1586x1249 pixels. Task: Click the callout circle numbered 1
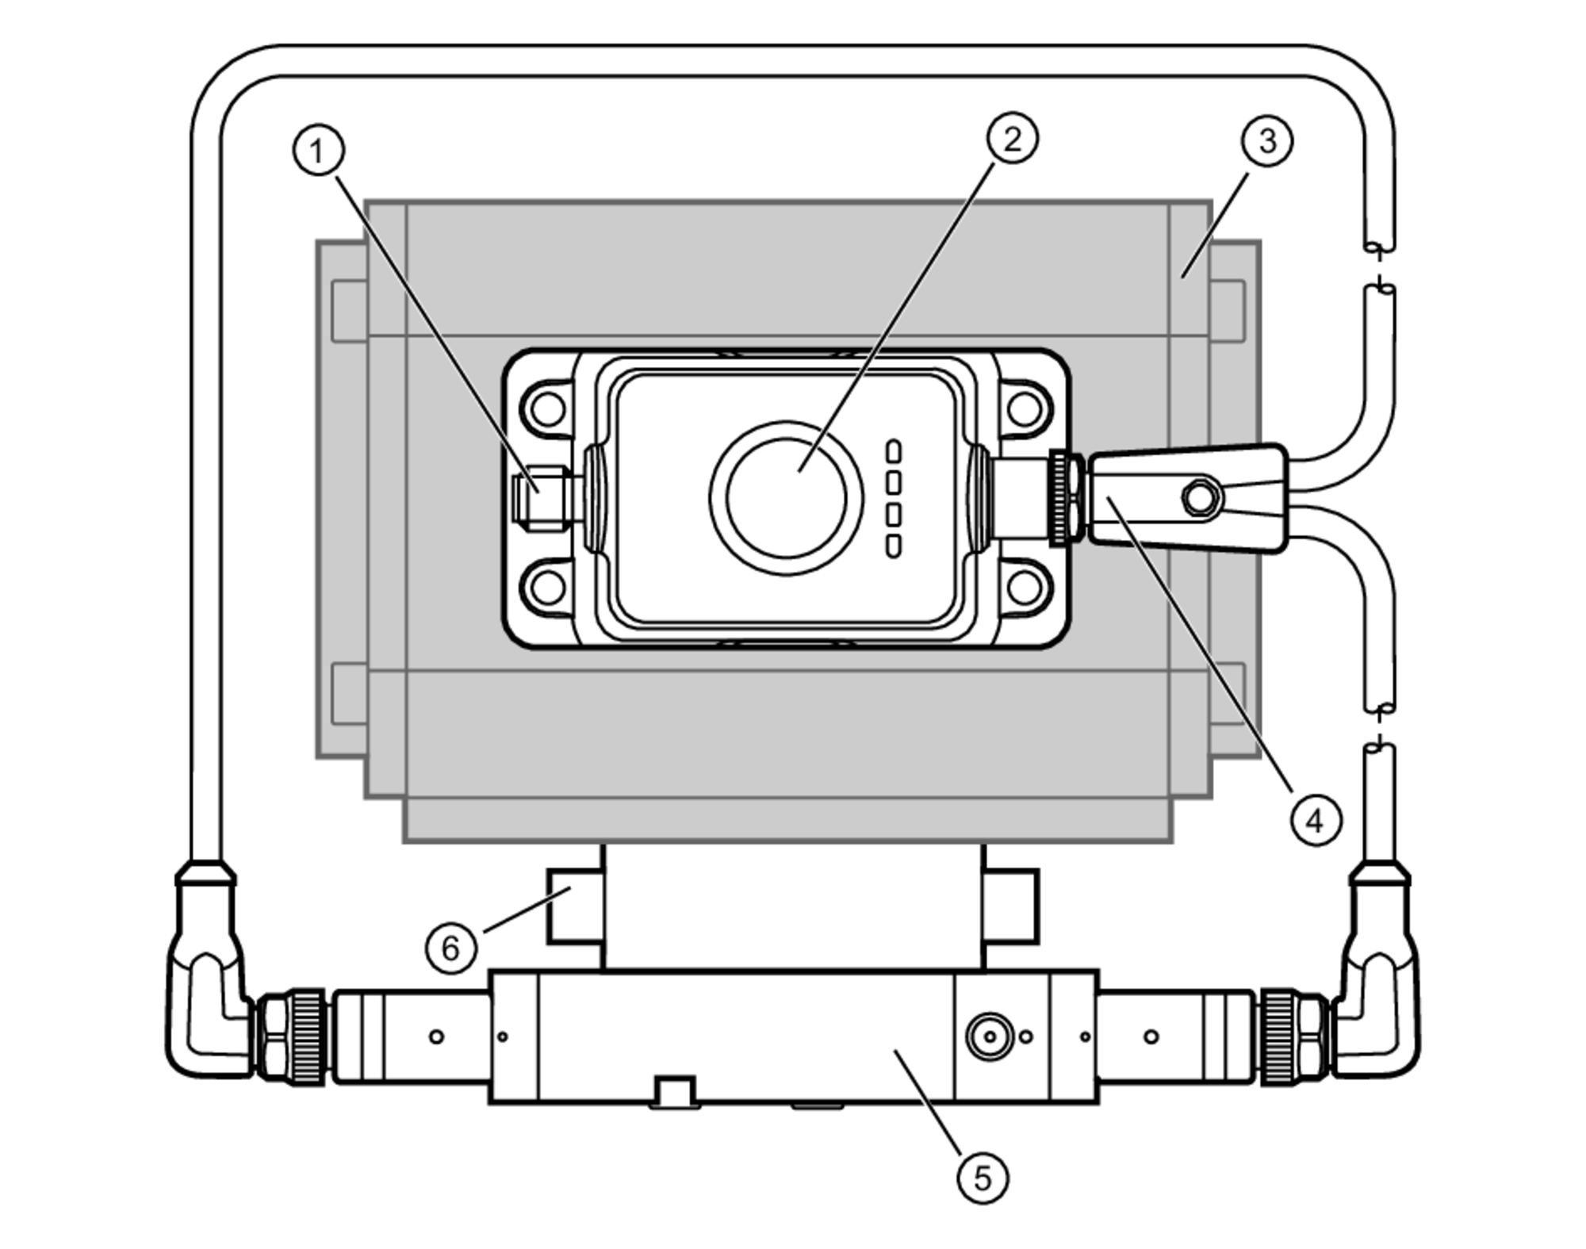(319, 151)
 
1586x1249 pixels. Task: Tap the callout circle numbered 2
(1013, 139)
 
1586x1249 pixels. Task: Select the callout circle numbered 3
(1266, 141)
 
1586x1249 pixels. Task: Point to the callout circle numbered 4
(1316, 820)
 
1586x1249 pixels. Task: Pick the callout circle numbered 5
(983, 1178)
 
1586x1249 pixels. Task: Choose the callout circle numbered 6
(450, 948)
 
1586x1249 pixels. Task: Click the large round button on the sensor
(786, 498)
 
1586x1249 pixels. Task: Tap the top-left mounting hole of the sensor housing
(548, 409)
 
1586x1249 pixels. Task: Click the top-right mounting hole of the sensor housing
(1024, 409)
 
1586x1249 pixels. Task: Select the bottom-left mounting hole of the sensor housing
(548, 588)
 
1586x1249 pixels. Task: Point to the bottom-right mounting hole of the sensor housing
(1024, 588)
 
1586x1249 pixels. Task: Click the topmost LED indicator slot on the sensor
(894, 451)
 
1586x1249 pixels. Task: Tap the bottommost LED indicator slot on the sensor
(894, 546)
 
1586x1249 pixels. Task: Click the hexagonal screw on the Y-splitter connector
(1200, 498)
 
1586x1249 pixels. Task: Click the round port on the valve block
(990, 1036)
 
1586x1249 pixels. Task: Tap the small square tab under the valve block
(674, 1091)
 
